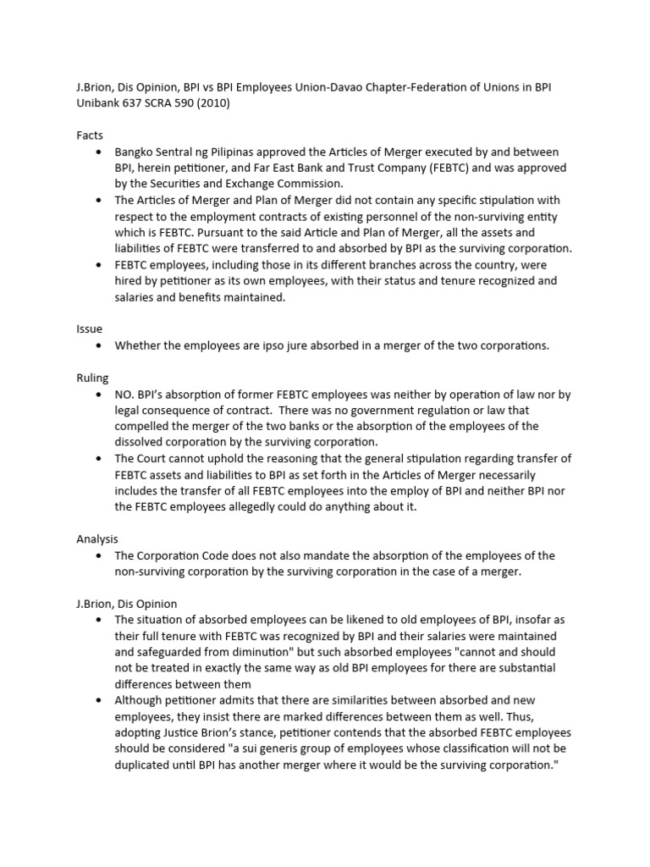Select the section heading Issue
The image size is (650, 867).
91,329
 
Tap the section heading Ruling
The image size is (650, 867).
93,378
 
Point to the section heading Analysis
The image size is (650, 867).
97,538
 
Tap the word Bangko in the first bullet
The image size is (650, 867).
136,152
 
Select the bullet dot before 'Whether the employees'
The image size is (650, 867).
98,345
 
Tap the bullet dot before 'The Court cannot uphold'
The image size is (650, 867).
98,459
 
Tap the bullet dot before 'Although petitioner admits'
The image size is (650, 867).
98,700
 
